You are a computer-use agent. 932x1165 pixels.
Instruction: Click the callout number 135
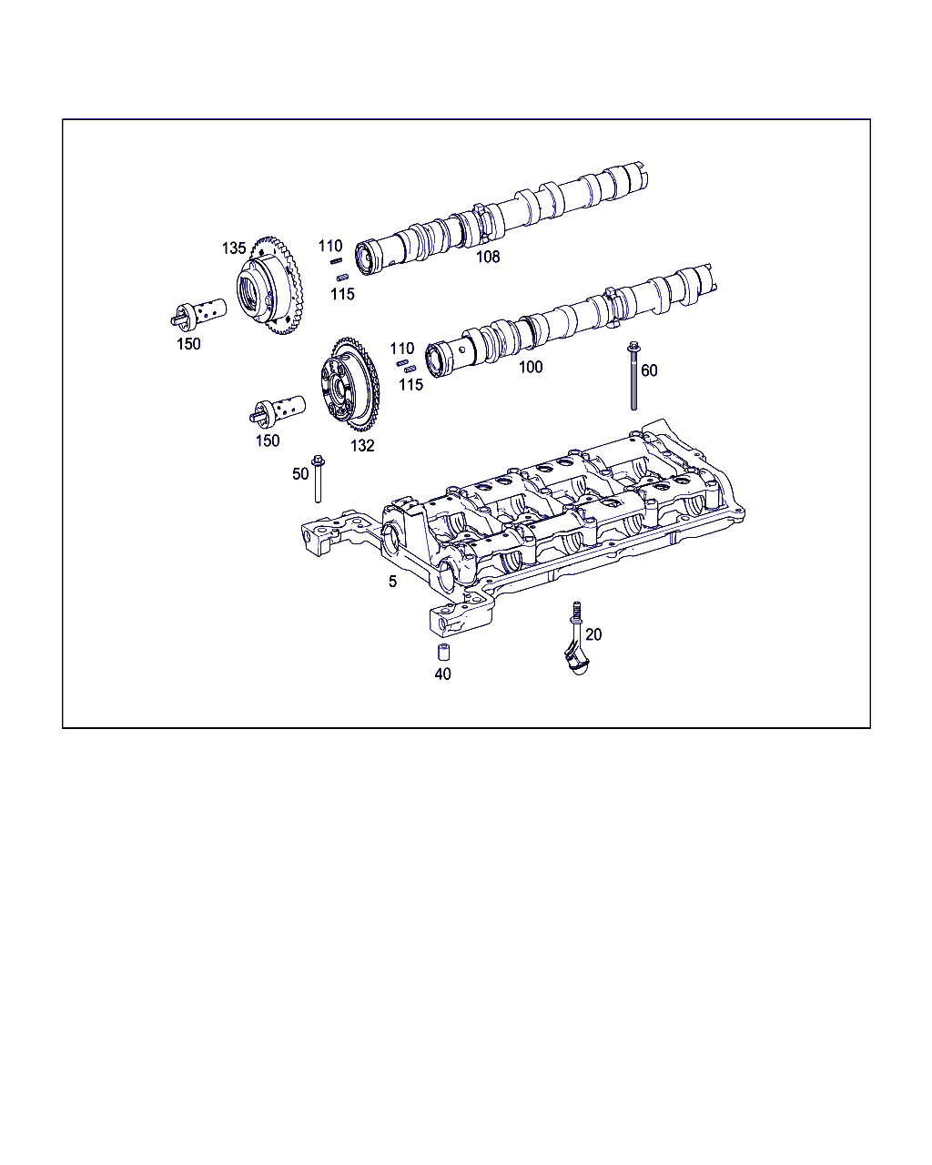tap(233, 248)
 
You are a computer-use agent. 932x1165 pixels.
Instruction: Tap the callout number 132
tap(362, 446)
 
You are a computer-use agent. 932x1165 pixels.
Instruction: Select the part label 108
tap(488, 257)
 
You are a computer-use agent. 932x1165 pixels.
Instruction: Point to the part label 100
tap(531, 367)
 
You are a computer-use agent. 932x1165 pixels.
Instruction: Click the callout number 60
tap(649, 370)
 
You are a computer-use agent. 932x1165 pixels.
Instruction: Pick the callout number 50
tap(300, 473)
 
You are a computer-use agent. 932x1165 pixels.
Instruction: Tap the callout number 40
tap(442, 674)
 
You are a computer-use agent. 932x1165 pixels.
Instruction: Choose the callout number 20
tap(593, 634)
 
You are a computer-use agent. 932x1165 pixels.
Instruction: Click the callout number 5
tap(392, 582)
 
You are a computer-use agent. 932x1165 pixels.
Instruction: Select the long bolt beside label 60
tap(633, 376)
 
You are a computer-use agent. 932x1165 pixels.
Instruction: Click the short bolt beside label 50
tap(318, 479)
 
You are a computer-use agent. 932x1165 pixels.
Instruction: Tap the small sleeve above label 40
tap(443, 653)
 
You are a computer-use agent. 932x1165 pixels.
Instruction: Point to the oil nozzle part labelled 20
tap(576, 642)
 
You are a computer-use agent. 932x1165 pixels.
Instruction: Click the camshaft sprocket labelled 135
tap(269, 286)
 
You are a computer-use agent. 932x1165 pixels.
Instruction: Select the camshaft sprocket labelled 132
tap(349, 384)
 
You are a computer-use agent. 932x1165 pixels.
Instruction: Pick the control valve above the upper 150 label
tap(198, 313)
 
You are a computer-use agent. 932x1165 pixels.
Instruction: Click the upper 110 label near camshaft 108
tap(330, 247)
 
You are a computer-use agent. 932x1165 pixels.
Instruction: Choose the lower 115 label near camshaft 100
tap(410, 385)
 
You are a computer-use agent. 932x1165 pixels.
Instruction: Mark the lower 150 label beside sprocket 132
tap(268, 441)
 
